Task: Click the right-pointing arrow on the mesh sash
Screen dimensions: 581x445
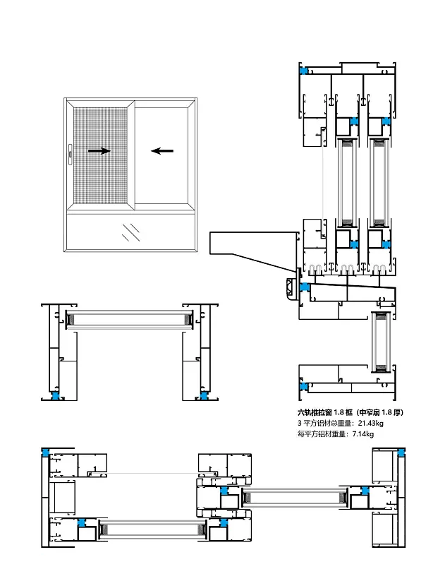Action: coord(99,150)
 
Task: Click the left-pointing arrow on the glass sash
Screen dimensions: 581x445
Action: coord(163,150)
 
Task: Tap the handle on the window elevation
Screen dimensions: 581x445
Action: coord(71,151)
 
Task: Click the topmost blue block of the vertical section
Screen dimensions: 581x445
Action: coord(305,71)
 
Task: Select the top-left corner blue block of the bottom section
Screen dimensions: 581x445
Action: coord(46,453)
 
